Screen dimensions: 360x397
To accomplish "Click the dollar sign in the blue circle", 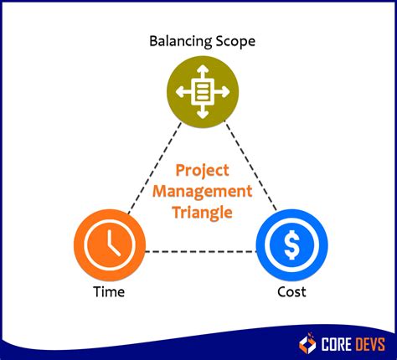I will pos(291,245).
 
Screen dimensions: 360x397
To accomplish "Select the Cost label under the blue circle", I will pos(291,291).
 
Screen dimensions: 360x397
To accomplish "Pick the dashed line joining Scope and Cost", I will pos(250,167).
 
